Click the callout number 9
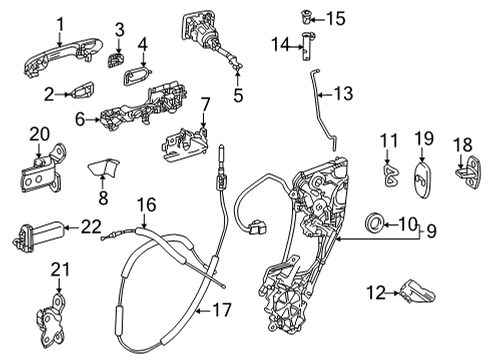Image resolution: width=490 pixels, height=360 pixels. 461,231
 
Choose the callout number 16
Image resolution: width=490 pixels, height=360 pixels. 147,204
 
